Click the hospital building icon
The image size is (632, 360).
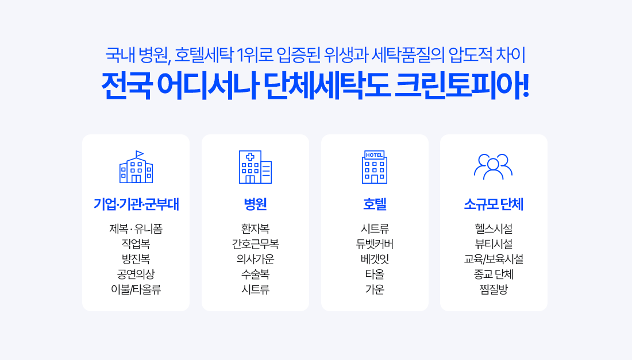coord(255,167)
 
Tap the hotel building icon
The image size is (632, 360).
coord(375,167)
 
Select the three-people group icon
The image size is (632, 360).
coord(494,167)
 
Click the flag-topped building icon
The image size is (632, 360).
coord(136,167)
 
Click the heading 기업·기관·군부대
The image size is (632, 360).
coord(136,204)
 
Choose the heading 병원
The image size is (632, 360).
coord(255,204)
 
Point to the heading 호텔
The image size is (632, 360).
coord(375,204)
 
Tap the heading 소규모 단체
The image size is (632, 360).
coord(494,204)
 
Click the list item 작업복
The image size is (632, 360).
coord(136,244)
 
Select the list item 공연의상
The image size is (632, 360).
coord(136,274)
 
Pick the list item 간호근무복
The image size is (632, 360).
coord(255,244)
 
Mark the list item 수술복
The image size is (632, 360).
coord(255,274)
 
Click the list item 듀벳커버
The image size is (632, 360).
coord(375,244)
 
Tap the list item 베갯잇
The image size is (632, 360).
coord(375,259)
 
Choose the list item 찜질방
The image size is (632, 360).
coord(494,289)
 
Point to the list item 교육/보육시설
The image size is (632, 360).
coord(494,259)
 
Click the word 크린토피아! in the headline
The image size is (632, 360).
coord(461,86)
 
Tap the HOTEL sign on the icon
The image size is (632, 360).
coord(375,155)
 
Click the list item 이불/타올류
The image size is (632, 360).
coord(136,289)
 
